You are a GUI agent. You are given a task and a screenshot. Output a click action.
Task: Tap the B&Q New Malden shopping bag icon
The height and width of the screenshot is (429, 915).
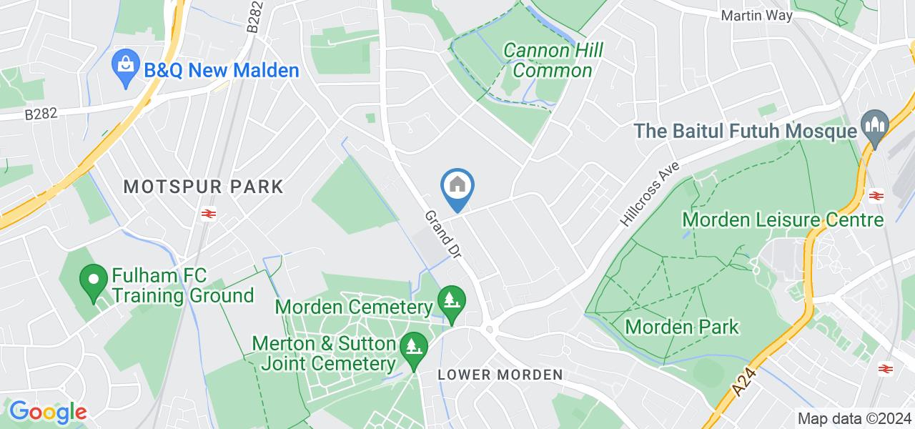click(x=126, y=69)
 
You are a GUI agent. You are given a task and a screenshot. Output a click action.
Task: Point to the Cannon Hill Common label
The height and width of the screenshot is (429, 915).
click(x=553, y=60)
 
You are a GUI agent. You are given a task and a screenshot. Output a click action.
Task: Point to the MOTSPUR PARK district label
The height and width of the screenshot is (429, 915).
click(x=204, y=187)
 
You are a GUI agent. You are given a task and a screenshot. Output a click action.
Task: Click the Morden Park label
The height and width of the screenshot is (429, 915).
click(x=682, y=327)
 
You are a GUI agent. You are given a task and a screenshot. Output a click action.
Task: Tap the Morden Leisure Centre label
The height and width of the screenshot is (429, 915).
click(x=783, y=219)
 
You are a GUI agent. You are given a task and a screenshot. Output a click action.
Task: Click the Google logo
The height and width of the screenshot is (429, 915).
click(x=48, y=411)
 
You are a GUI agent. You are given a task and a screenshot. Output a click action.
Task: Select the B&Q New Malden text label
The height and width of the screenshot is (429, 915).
click(x=221, y=71)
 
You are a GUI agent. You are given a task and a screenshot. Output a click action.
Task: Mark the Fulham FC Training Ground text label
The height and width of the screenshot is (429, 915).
click(x=183, y=285)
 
